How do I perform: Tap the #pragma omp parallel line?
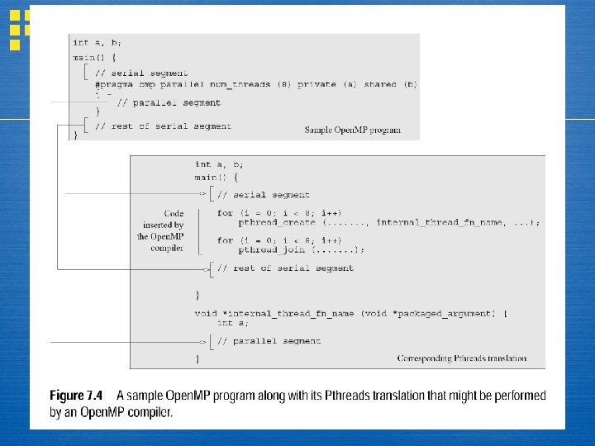click(255, 84)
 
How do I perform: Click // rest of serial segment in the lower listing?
click(285, 268)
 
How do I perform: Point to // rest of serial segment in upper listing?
click(163, 126)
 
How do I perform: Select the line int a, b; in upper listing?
click(97, 42)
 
